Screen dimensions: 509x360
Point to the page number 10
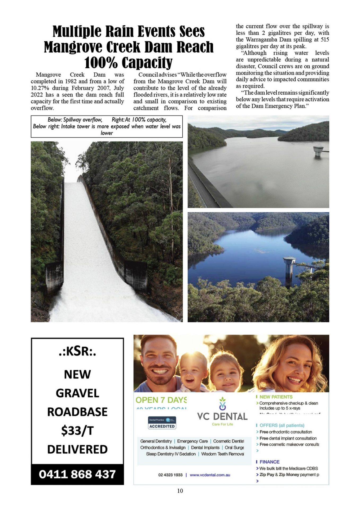(x=180, y=491)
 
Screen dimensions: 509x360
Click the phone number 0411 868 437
(x=77, y=474)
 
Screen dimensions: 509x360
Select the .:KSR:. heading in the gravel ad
(x=77, y=351)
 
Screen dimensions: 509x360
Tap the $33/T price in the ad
(x=77, y=431)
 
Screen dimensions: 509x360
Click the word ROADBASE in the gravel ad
(x=77, y=412)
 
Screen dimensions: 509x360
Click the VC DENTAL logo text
(x=222, y=416)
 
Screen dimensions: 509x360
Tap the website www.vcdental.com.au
(x=210, y=475)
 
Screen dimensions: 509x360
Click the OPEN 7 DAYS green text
(x=161, y=400)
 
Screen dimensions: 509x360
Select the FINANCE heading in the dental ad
(x=269, y=462)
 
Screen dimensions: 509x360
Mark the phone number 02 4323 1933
(x=170, y=475)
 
